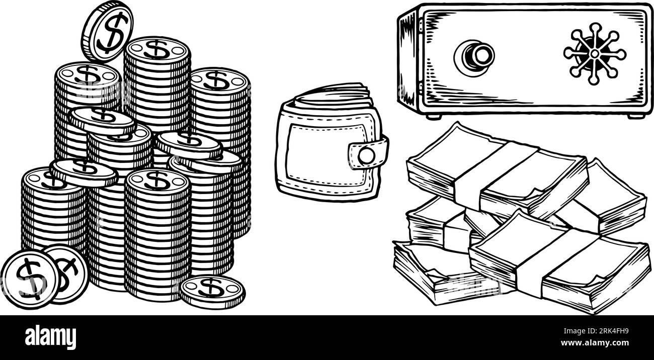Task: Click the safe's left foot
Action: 431,116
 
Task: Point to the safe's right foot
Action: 635,116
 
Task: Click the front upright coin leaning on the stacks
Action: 29,278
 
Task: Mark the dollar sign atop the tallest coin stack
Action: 156,49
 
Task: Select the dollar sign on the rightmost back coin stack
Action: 217,79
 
